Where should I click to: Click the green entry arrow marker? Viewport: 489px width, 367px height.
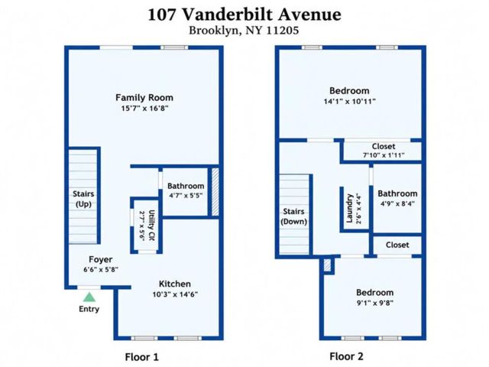tap(89, 297)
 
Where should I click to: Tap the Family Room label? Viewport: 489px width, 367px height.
tap(144, 98)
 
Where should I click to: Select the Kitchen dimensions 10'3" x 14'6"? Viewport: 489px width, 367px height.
tap(175, 294)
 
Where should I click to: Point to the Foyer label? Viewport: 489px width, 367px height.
tap(100, 259)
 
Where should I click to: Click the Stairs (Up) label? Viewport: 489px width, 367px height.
tap(83, 199)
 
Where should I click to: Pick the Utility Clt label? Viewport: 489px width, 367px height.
tap(151, 226)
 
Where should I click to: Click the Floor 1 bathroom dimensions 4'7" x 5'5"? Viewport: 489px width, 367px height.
tap(186, 196)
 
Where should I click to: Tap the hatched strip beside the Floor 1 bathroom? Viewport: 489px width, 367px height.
tap(215, 192)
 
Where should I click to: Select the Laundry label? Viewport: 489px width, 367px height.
tap(350, 209)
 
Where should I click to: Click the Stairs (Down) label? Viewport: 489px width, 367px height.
tap(293, 216)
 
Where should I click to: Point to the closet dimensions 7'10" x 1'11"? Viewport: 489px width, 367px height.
tap(384, 154)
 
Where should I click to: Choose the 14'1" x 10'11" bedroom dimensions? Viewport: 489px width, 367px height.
tap(350, 101)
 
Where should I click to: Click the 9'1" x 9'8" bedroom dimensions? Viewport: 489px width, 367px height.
tap(375, 303)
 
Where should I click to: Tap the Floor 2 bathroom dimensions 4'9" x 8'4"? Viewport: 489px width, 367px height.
tap(397, 203)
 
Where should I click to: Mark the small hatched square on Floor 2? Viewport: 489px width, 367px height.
tap(327, 265)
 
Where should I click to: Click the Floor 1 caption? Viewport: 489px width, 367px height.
tap(142, 357)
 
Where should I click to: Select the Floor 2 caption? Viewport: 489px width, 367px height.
tap(346, 356)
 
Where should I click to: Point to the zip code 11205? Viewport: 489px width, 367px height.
tap(282, 31)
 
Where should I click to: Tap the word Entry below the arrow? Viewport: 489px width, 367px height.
tap(89, 309)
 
